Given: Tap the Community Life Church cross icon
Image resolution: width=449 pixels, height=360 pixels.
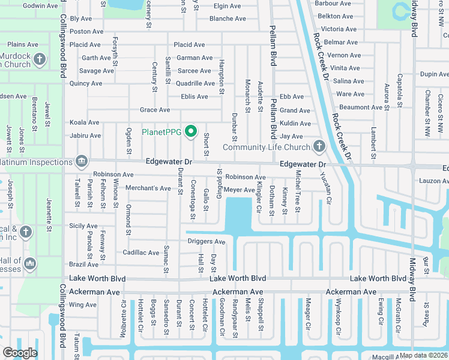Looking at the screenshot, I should (x=319, y=146).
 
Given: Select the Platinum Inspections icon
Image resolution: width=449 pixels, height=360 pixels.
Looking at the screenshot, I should (x=81, y=161).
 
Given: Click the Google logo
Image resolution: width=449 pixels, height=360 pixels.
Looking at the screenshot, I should (x=20, y=353).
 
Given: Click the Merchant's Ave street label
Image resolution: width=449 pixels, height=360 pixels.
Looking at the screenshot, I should (x=148, y=188).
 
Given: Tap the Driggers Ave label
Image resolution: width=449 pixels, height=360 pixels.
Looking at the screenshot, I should (x=206, y=242).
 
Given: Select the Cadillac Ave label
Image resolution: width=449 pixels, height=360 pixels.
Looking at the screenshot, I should (x=141, y=253).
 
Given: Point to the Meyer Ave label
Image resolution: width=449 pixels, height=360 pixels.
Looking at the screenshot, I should (x=240, y=190).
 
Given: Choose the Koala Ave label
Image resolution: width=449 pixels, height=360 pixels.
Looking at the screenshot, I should (x=85, y=122).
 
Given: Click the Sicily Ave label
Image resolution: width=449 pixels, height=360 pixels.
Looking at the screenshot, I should (x=83, y=226).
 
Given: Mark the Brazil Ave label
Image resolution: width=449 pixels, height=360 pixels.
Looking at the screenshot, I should (x=83, y=265).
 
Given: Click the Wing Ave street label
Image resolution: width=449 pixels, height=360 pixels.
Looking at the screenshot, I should (x=83, y=305).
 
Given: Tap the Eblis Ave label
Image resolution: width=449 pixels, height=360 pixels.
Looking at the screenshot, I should (x=194, y=97).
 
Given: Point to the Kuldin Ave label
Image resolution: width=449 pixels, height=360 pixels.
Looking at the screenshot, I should (x=295, y=124).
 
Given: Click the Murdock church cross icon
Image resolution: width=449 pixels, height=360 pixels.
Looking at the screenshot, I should (x=40, y=59).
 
